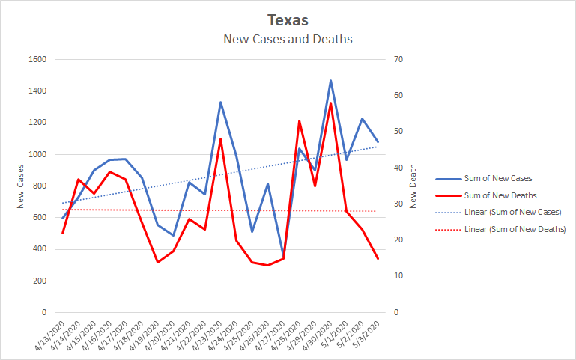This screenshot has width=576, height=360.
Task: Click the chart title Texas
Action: click(288, 20)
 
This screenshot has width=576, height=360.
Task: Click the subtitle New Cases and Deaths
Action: click(288, 38)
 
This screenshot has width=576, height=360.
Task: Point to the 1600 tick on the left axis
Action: click(37, 60)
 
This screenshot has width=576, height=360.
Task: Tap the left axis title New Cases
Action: click(21, 186)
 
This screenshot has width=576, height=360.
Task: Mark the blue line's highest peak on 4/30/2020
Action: click(330, 80)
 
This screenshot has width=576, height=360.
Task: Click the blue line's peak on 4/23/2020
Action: click(220, 102)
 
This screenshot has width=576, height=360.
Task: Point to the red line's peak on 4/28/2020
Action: click(299, 120)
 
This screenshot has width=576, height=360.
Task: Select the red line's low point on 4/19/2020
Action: click(157, 262)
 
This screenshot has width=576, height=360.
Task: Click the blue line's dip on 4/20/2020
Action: click(173, 235)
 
